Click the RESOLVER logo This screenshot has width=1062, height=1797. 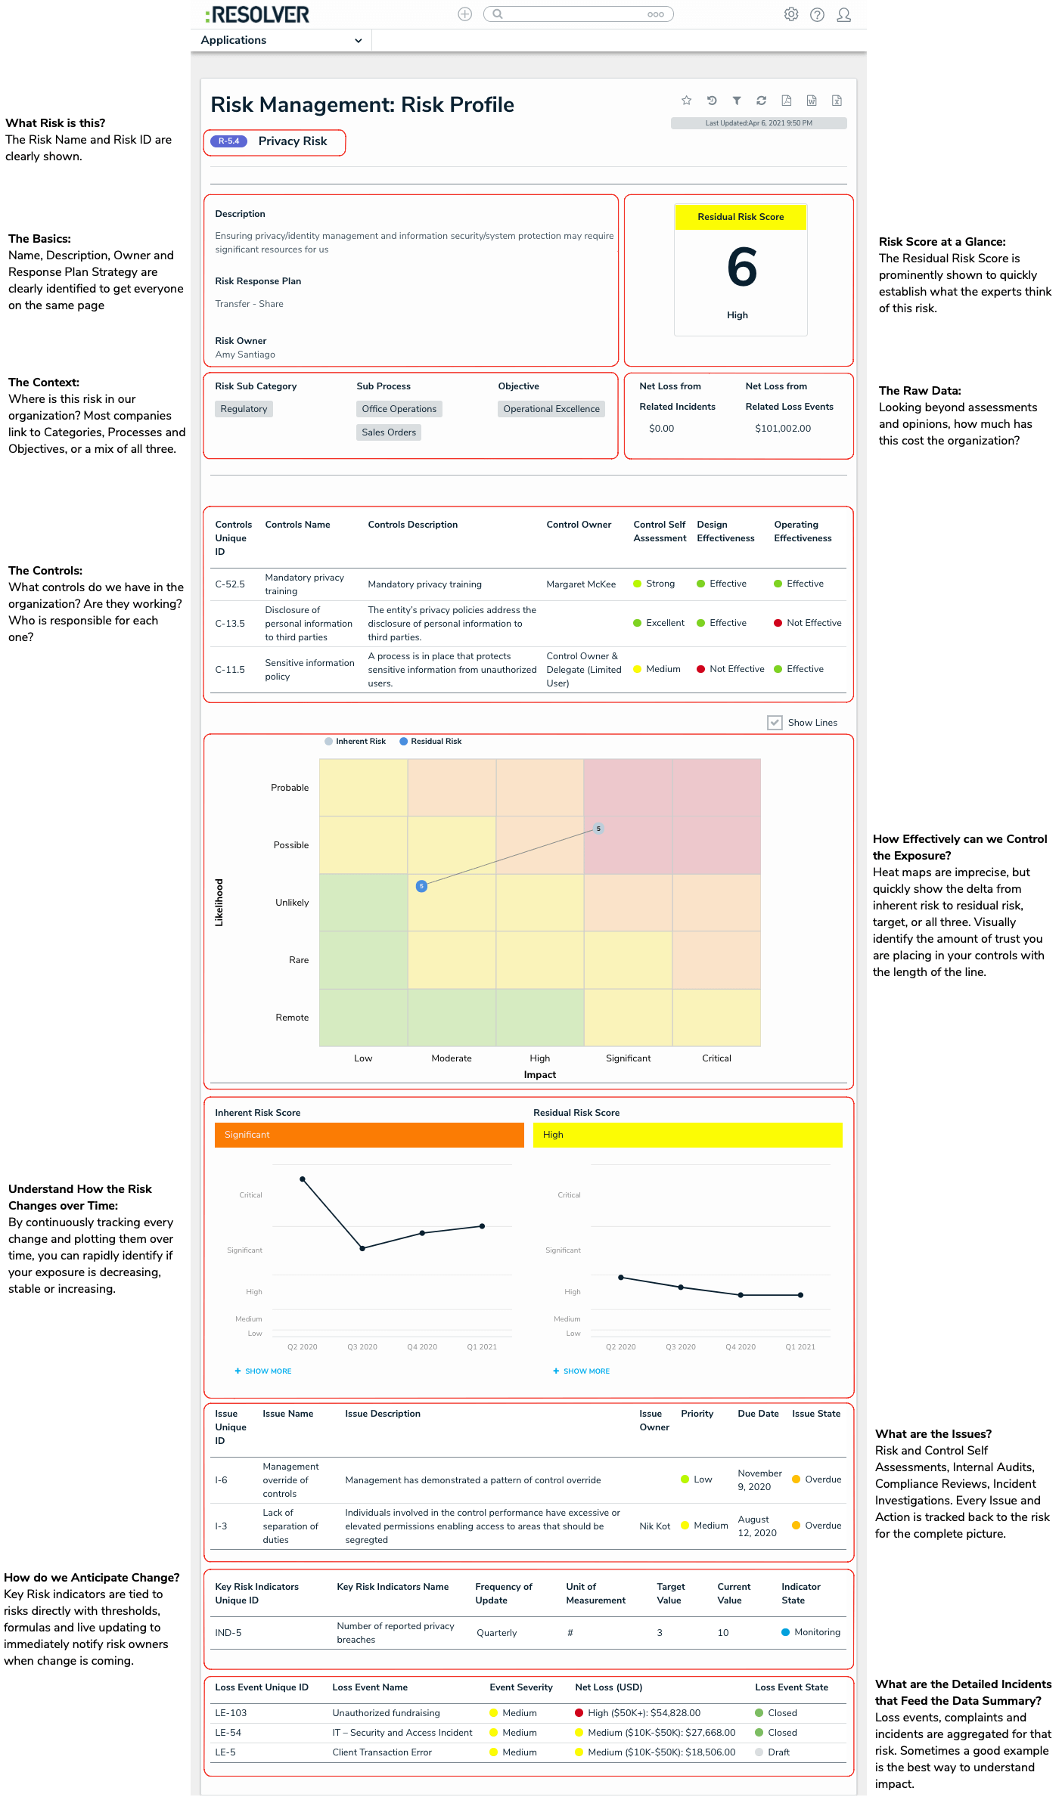click(257, 15)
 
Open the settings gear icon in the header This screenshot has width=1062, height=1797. click(791, 14)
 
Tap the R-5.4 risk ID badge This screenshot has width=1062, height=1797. click(228, 141)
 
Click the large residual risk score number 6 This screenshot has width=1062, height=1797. click(741, 268)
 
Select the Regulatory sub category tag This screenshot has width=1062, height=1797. click(244, 409)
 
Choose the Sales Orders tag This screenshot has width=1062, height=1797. click(389, 432)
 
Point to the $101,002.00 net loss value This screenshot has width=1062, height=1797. click(783, 429)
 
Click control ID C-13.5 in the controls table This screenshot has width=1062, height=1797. click(230, 624)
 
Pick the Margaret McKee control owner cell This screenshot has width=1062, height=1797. click(581, 584)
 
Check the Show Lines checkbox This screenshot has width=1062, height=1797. click(775, 723)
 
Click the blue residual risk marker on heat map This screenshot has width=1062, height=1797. click(422, 886)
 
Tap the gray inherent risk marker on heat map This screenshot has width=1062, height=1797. click(598, 829)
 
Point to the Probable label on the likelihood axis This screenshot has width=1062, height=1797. click(290, 788)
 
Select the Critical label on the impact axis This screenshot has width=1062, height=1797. click(716, 1058)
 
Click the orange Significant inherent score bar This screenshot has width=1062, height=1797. click(369, 1135)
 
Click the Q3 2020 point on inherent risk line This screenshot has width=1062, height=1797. click(362, 1248)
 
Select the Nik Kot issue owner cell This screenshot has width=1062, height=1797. click(655, 1526)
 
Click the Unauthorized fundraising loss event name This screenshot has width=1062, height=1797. click(386, 1713)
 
